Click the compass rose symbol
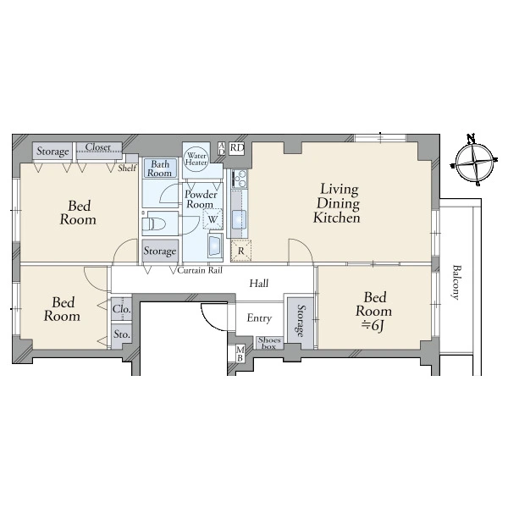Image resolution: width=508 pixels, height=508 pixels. click(474, 161)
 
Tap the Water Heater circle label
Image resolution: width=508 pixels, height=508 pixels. click(196, 159)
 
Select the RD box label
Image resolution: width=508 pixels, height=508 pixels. click(237, 148)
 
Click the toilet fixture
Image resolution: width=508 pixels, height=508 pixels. click(155, 224)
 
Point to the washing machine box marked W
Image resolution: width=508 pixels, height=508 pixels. click(213, 218)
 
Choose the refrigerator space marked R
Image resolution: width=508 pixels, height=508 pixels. click(240, 251)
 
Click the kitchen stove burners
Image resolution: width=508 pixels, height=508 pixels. click(240, 179)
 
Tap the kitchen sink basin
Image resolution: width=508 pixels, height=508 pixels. click(239, 220)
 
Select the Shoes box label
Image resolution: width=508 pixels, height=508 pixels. click(269, 343)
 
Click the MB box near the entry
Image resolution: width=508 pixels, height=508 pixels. click(240, 353)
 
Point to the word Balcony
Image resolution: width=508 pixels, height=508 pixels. click(456, 283)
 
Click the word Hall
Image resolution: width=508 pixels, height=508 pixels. click(259, 284)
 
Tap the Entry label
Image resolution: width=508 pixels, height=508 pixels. click(259, 318)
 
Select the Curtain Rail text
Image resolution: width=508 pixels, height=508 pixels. click(200, 270)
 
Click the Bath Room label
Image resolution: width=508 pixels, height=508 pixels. click(160, 168)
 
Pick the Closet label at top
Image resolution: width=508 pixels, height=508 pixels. click(98, 147)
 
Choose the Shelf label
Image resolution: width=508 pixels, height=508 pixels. click(127, 168)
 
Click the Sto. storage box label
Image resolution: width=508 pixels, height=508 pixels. click(122, 334)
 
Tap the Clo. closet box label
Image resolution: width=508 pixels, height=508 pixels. click(122, 309)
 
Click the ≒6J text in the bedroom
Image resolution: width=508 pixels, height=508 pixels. click(373, 326)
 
